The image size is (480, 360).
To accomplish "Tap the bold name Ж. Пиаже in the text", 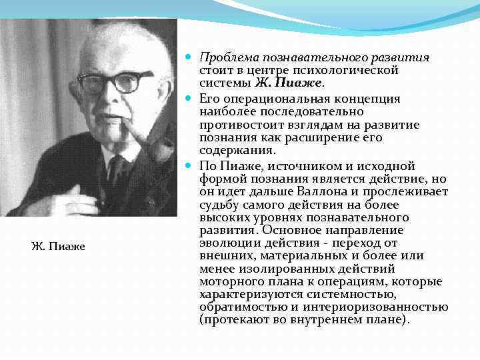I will [x=289, y=83].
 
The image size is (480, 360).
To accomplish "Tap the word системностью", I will [x=337, y=294].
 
